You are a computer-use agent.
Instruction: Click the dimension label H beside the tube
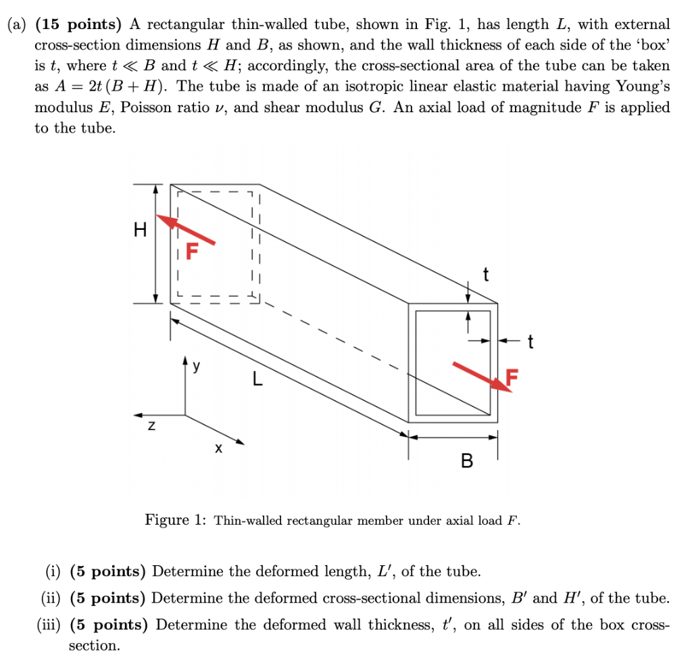pyautogui.click(x=140, y=231)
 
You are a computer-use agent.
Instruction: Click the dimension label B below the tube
pyautogui.click(x=466, y=462)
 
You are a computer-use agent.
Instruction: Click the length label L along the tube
pyautogui.click(x=257, y=380)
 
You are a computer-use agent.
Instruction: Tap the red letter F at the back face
pyautogui.click(x=193, y=252)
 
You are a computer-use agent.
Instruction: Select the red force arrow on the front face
pyautogui.click(x=480, y=376)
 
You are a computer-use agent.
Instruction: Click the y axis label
pyautogui.click(x=196, y=366)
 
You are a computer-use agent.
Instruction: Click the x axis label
pyautogui.click(x=218, y=448)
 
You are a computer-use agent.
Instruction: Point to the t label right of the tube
pyautogui.click(x=530, y=343)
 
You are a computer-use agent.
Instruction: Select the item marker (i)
pyautogui.click(x=53, y=572)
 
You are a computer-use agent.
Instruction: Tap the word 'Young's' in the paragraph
pyautogui.click(x=643, y=87)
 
